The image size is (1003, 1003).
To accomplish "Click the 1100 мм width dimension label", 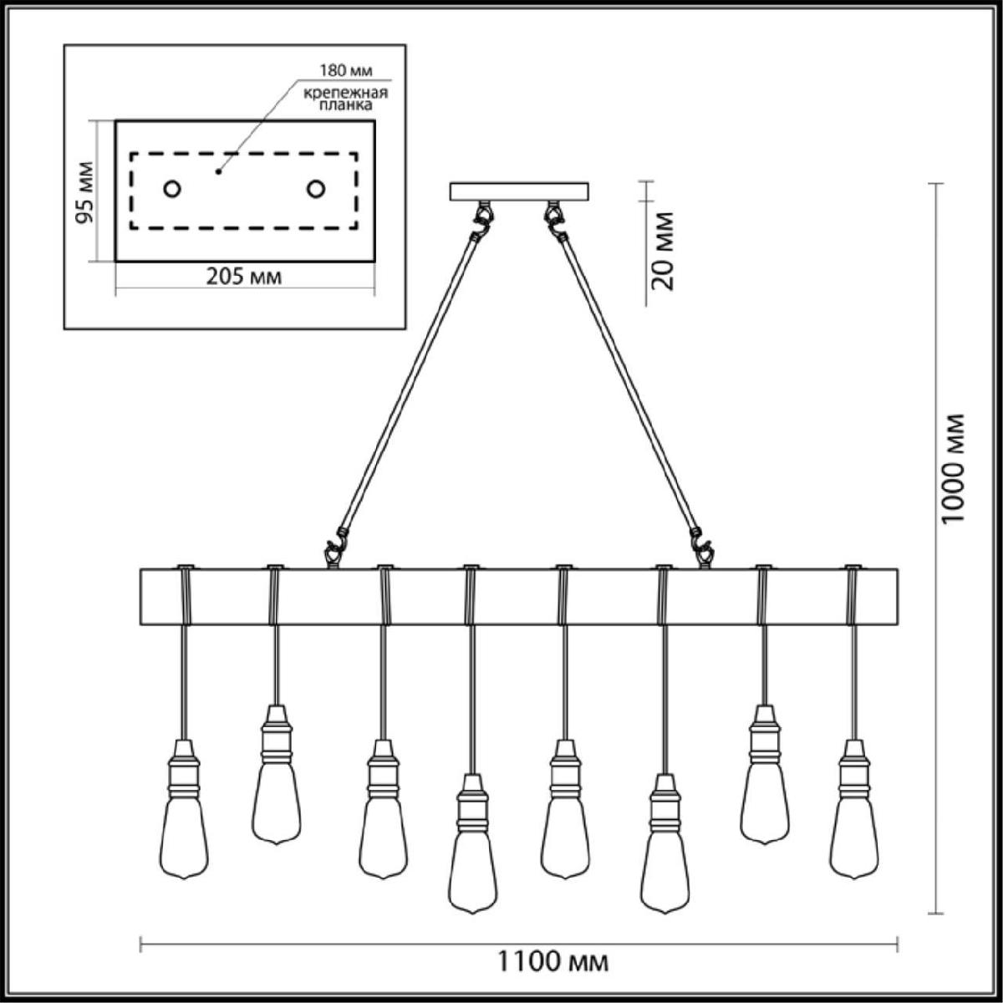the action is click(x=552, y=961).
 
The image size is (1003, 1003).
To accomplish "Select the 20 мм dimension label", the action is click(x=663, y=251).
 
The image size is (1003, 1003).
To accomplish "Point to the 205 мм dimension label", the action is click(x=244, y=277).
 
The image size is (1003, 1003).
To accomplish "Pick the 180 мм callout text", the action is click(x=346, y=70).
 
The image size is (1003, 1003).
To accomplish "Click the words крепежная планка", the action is click(x=345, y=99).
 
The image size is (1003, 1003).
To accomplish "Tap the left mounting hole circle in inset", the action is click(x=172, y=188).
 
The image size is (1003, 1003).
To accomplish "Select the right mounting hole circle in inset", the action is click(x=315, y=188).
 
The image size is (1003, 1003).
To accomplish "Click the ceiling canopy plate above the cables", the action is click(x=519, y=191).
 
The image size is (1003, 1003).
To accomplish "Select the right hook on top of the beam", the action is click(x=703, y=550).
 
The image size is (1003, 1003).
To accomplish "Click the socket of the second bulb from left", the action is click(x=276, y=733).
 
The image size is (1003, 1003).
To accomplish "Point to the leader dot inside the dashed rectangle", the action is click(x=219, y=171).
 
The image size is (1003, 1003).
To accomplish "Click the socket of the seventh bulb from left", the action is click(x=764, y=733).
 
